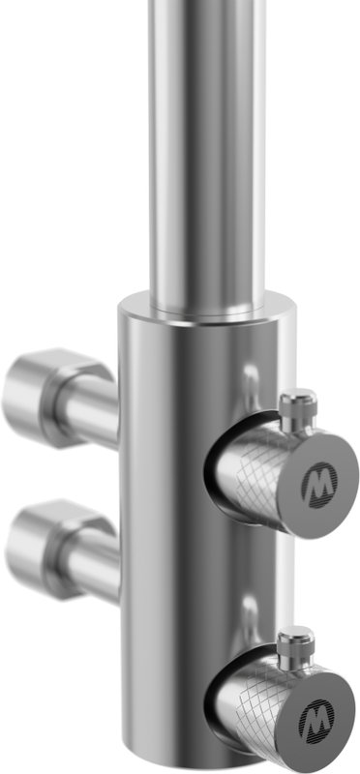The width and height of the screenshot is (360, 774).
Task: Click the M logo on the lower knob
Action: click(316, 722)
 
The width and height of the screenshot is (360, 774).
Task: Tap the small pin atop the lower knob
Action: click(295, 644)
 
